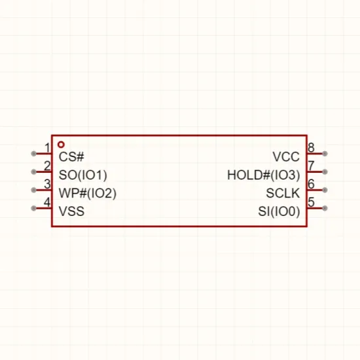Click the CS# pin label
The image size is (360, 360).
(x=71, y=157)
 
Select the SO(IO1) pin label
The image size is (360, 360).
(x=83, y=175)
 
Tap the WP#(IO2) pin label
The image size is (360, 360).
(x=88, y=193)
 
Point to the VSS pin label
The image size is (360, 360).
(x=71, y=211)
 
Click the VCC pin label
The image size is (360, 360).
(x=286, y=157)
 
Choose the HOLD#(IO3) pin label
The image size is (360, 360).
(x=264, y=175)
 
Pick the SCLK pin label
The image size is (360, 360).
(x=283, y=193)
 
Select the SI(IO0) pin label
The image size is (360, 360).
(x=279, y=211)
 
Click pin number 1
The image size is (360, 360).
(x=47, y=148)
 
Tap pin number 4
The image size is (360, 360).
(x=47, y=202)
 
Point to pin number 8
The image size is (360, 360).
(x=311, y=148)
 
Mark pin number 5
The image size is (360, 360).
(x=311, y=202)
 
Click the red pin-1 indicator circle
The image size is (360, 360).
(x=61, y=145)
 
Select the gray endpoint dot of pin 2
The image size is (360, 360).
(x=34, y=171)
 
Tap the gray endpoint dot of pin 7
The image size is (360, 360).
(x=325, y=171)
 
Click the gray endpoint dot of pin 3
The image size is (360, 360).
(x=34, y=190)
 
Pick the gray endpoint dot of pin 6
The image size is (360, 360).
(x=325, y=190)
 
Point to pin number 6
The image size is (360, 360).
(x=311, y=184)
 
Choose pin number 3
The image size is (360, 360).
(x=47, y=184)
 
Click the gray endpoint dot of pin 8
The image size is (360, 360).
(x=325, y=154)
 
